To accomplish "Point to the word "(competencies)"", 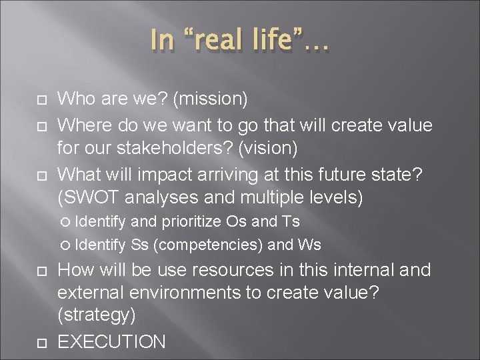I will tap(208, 245).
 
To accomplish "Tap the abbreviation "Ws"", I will tap(309, 245).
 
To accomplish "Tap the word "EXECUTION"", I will tap(111, 343).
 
